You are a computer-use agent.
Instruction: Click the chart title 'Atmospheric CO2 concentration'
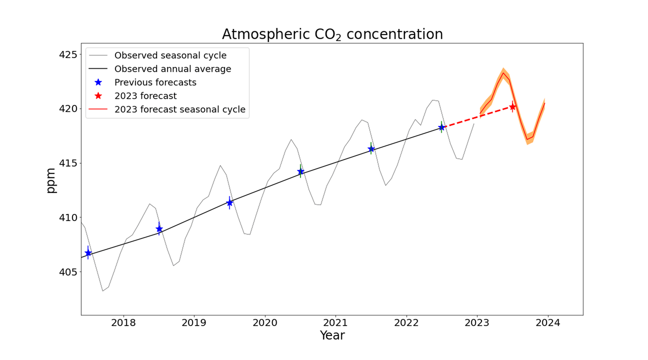[x=332, y=34]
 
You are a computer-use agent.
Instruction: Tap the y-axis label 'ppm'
[x=51, y=180]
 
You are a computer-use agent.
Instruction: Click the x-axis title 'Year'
[x=332, y=335]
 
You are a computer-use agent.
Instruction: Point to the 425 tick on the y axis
[x=68, y=55]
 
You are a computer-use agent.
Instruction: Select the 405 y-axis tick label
[x=68, y=272]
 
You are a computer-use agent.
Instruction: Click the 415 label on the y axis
[x=68, y=163]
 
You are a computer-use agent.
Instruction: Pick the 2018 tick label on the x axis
[x=123, y=323]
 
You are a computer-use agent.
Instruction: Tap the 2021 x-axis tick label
[x=336, y=323]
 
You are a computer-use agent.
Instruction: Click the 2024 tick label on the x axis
[x=548, y=323]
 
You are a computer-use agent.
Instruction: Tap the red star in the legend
[x=98, y=96]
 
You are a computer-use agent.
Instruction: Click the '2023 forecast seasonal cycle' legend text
[x=180, y=109]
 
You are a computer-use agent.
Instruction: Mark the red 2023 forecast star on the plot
[x=512, y=107]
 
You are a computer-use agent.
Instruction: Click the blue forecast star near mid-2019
[x=229, y=203]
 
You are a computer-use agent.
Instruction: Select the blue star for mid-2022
[x=441, y=127]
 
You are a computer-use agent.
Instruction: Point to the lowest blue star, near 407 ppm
[x=88, y=253]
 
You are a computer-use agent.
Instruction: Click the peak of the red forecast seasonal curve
[x=503, y=73]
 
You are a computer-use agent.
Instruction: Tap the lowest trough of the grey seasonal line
[x=102, y=291]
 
